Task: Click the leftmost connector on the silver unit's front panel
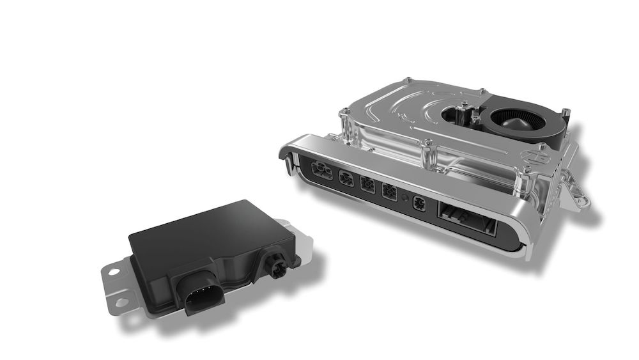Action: (x=319, y=169)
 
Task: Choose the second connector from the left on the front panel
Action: (x=346, y=178)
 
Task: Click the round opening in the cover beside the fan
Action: (x=460, y=115)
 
